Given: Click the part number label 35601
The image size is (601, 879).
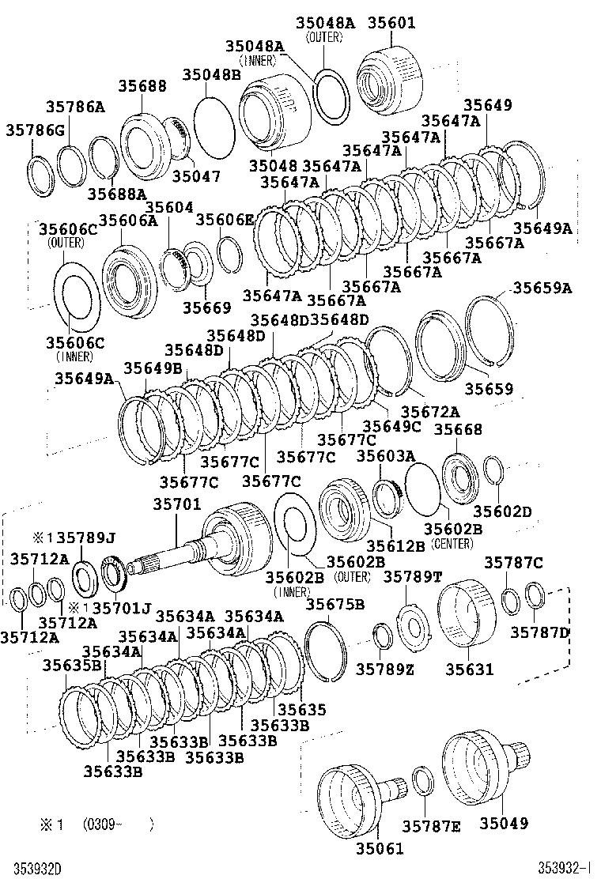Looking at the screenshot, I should pos(391,23).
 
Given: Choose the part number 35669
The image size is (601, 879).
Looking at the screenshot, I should pos(207,307).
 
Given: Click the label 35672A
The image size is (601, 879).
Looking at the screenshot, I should pos(430,411).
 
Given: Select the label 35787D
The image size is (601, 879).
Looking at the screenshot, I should pos(540,632).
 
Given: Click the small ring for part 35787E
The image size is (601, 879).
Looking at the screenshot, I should pos(423,780).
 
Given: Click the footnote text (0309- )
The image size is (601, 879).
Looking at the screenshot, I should pos(118,824).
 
